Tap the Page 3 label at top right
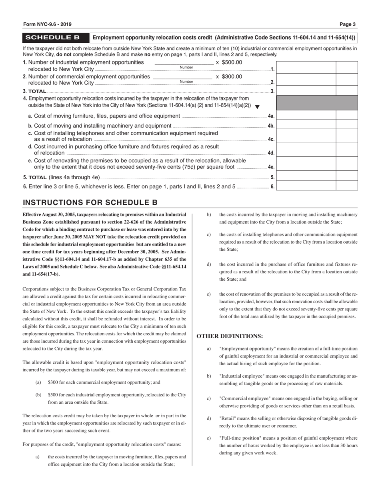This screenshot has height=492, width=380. point(348,24)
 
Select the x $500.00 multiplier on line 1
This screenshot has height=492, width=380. point(229,62)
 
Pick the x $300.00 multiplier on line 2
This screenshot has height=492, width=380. point(229,76)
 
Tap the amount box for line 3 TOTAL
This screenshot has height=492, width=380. point(306,91)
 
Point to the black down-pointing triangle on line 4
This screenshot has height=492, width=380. point(257,107)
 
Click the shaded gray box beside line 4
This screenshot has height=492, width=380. point(317,103)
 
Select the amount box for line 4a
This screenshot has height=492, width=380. point(306,116)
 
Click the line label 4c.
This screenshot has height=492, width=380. point(271,140)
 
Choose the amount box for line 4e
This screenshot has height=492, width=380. point(306,164)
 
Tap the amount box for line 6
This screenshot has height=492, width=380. point(306,186)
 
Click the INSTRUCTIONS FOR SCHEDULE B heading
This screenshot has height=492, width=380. point(90,202)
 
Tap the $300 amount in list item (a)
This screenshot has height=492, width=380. point(54,382)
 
